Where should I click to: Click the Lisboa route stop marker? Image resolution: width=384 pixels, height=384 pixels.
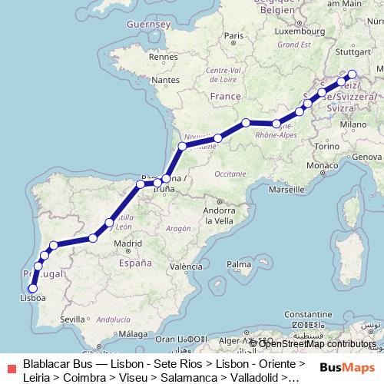tap(32, 288)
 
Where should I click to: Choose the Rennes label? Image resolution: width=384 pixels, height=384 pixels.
tap(164, 56)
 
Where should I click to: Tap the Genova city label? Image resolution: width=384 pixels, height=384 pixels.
tap(368, 157)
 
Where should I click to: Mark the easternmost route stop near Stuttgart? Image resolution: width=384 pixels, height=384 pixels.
tap(353, 74)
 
